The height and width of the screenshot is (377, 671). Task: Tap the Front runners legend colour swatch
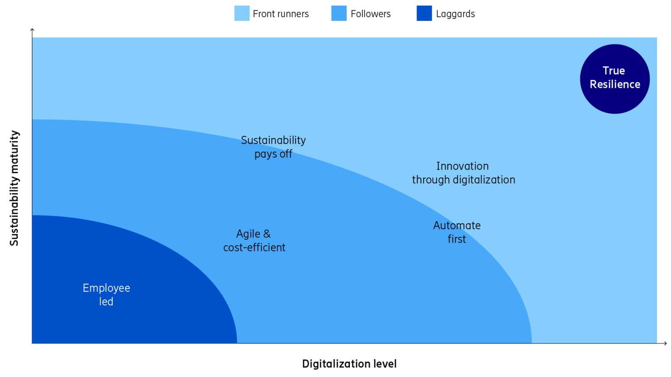click(242, 13)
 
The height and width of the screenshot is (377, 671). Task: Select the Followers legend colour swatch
click(339, 13)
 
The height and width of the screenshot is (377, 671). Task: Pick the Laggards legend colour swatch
click(424, 13)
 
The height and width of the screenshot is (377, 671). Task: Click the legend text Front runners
click(280, 14)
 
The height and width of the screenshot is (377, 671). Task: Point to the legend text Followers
click(370, 14)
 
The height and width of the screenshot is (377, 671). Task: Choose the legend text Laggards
click(455, 14)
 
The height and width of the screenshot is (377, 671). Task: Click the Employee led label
click(106, 295)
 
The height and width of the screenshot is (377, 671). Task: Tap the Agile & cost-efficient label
click(254, 241)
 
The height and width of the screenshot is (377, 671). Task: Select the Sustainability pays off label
click(273, 147)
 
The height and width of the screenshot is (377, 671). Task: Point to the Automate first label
click(457, 232)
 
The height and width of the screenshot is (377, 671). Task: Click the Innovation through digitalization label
click(463, 173)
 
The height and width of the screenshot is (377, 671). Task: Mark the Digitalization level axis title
click(349, 364)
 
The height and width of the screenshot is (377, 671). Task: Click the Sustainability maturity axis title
click(14, 188)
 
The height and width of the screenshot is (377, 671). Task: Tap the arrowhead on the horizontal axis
click(665, 343)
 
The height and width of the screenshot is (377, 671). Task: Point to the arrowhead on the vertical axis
click(32, 30)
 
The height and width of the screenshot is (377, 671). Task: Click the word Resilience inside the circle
click(615, 84)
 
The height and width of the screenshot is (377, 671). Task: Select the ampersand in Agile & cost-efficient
click(267, 234)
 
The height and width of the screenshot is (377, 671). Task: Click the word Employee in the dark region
click(106, 288)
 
